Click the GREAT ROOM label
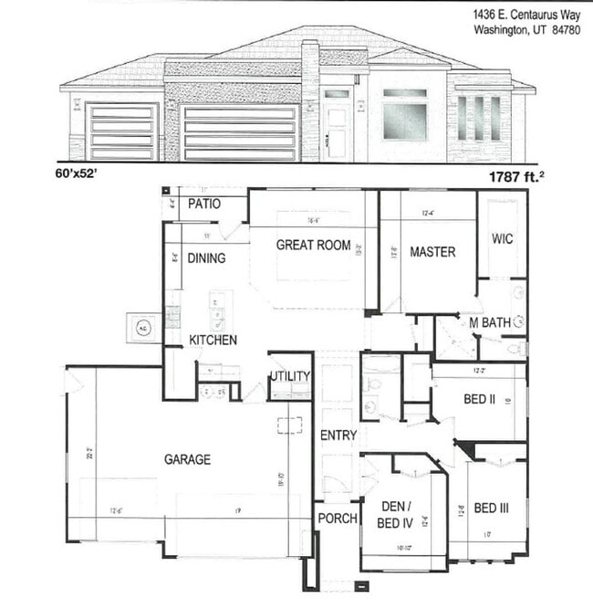pyautogui.click(x=313, y=245)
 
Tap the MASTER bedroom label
pyautogui.click(x=432, y=252)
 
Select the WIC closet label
pyautogui.click(x=502, y=239)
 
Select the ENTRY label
pyautogui.click(x=338, y=436)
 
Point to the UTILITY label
pyautogui.click(x=290, y=376)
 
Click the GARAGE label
pyautogui.click(x=187, y=459)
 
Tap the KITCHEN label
pyautogui.click(x=213, y=340)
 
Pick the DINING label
pyautogui.click(x=206, y=258)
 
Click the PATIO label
pyautogui.click(x=203, y=204)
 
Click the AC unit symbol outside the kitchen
pyautogui.click(x=144, y=327)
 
